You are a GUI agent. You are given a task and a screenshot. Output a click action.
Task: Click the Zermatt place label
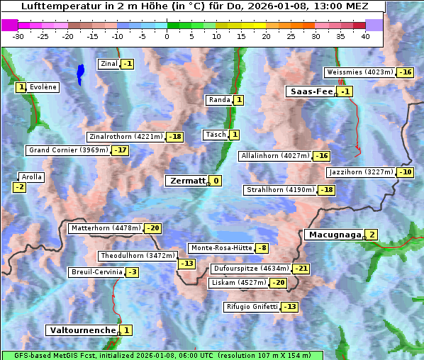click(186, 181)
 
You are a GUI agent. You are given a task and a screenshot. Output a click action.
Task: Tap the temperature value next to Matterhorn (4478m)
click(153, 228)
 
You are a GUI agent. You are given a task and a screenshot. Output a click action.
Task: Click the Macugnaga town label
click(333, 235)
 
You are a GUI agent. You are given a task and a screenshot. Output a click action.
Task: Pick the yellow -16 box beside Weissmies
click(406, 72)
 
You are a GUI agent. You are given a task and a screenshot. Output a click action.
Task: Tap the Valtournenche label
click(82, 330)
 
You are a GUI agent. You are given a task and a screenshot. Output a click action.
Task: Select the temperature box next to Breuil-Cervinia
click(132, 272)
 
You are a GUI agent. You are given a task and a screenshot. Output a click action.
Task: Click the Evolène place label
click(43, 87)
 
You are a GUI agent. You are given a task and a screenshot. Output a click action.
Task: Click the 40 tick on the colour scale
click(365, 36)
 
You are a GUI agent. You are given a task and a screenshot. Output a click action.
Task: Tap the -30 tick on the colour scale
click(18, 36)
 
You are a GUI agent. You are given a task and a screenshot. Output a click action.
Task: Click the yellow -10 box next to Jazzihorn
click(406, 172)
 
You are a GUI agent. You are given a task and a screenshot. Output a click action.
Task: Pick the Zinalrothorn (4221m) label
click(125, 137)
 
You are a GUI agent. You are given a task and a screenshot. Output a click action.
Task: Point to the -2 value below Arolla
click(19, 187)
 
